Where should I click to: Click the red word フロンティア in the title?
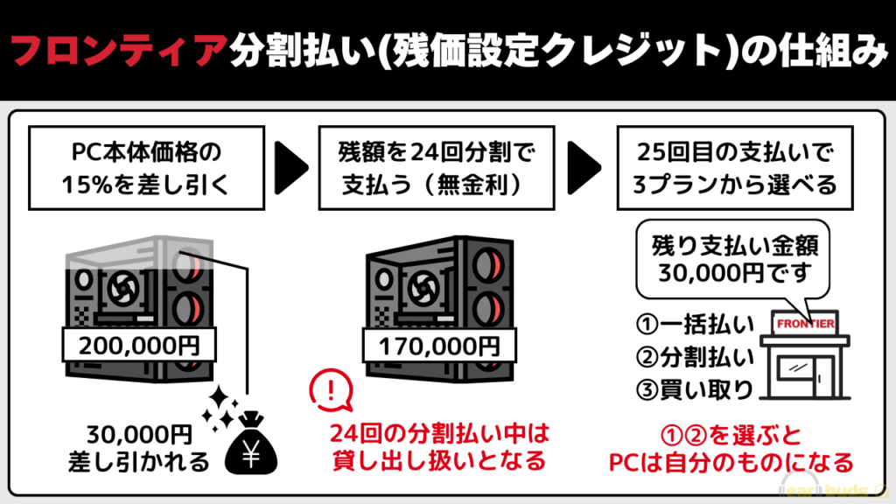pyautogui.click(x=122, y=52)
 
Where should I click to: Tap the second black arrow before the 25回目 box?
pyautogui.click(x=587, y=163)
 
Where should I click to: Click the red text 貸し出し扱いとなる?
pyautogui.click(x=437, y=458)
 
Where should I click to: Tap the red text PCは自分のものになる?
pyautogui.click(x=731, y=459)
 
